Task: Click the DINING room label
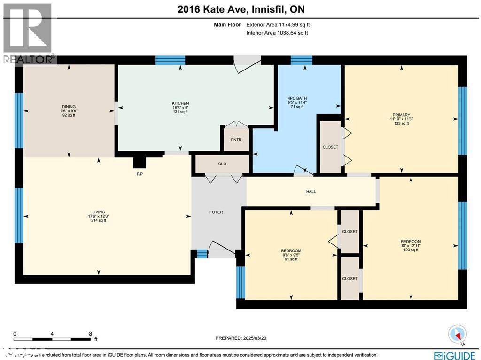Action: pos(69,107)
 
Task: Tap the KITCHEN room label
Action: pos(180,103)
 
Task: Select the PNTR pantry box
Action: pos(236,140)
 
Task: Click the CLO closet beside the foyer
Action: pos(222,164)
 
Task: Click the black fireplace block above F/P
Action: pos(140,162)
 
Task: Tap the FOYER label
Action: pos(216,212)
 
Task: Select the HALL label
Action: pos(311,191)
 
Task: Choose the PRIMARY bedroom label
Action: pos(402,115)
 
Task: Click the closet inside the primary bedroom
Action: pos(330,147)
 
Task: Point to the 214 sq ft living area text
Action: pos(99,220)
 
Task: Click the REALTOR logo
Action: pos(28,33)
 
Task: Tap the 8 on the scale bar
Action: pos(90,334)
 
